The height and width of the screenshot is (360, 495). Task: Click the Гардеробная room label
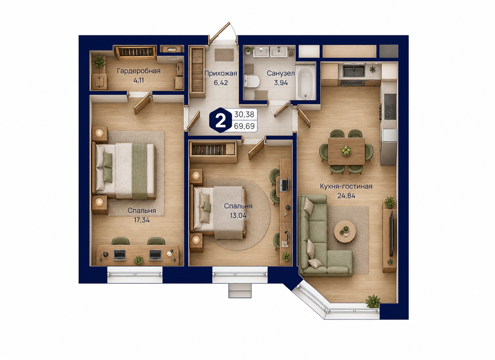(138, 71)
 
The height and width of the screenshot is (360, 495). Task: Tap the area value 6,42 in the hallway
(221, 83)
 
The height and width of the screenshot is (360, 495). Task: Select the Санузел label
(280, 73)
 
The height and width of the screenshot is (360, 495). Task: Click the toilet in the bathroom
(252, 81)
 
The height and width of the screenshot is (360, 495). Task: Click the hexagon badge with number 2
(220, 120)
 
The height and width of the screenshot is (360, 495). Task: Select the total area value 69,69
(244, 126)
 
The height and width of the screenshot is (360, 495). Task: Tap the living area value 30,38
(244, 114)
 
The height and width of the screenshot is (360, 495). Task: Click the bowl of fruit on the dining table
(346, 150)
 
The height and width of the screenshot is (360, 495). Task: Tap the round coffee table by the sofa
(345, 231)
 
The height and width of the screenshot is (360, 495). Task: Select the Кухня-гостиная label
(346, 186)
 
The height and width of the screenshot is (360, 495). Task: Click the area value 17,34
(142, 220)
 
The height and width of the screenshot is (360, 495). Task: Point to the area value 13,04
(238, 215)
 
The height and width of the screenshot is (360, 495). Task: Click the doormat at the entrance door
(224, 55)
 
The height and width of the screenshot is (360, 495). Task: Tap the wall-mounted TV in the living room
(391, 233)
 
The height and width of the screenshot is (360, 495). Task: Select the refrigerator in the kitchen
(389, 147)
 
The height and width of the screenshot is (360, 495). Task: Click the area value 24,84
(346, 196)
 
